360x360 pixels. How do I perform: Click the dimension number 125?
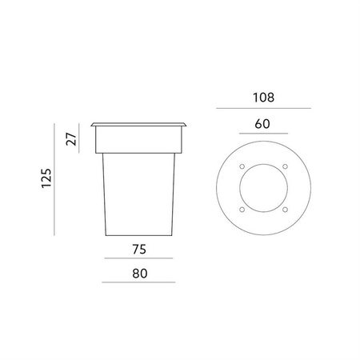pos(46,178)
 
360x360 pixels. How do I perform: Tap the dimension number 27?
pos(71,138)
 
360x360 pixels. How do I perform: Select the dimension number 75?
pos(139,250)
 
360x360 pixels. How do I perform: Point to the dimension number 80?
pos(140,274)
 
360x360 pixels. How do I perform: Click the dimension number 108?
pos(263,98)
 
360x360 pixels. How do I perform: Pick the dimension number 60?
pos(262,124)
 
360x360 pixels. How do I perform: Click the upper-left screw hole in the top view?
pos(242,166)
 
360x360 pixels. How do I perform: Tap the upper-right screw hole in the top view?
pos(285,166)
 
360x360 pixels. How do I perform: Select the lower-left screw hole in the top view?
pos(242,210)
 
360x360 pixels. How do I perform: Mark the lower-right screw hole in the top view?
pos(285,210)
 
